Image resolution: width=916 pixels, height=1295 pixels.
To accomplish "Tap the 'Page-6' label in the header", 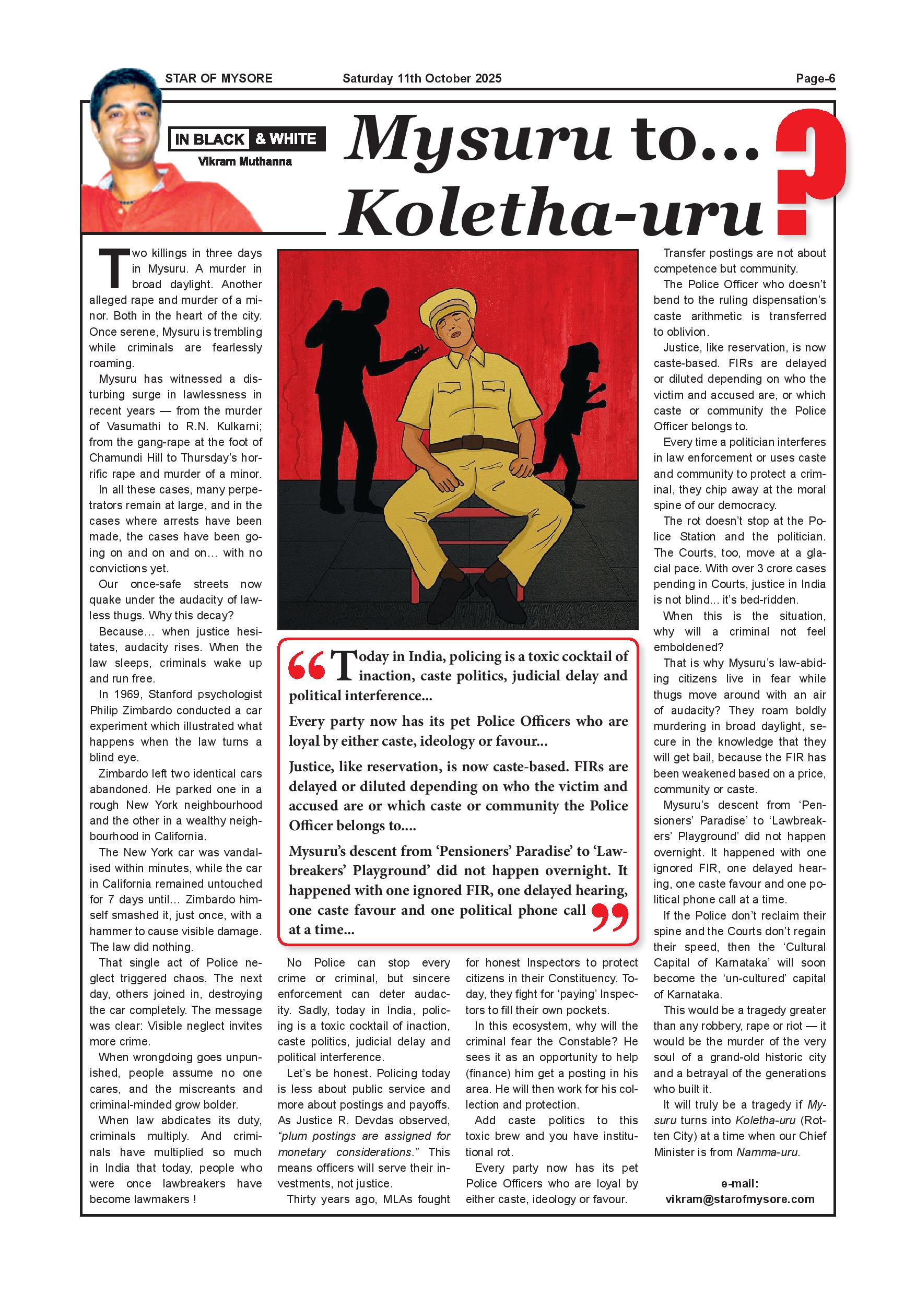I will point(815,78).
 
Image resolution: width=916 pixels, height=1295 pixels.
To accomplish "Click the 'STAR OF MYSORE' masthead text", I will point(218,78).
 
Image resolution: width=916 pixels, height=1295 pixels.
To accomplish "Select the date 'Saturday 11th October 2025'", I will point(421,78).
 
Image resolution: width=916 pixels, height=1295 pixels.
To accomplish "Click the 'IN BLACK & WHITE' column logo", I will point(247,139).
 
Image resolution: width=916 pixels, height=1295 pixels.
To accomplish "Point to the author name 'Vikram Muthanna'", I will point(245,162).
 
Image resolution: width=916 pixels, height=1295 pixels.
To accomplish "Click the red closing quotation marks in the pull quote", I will point(610,916).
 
